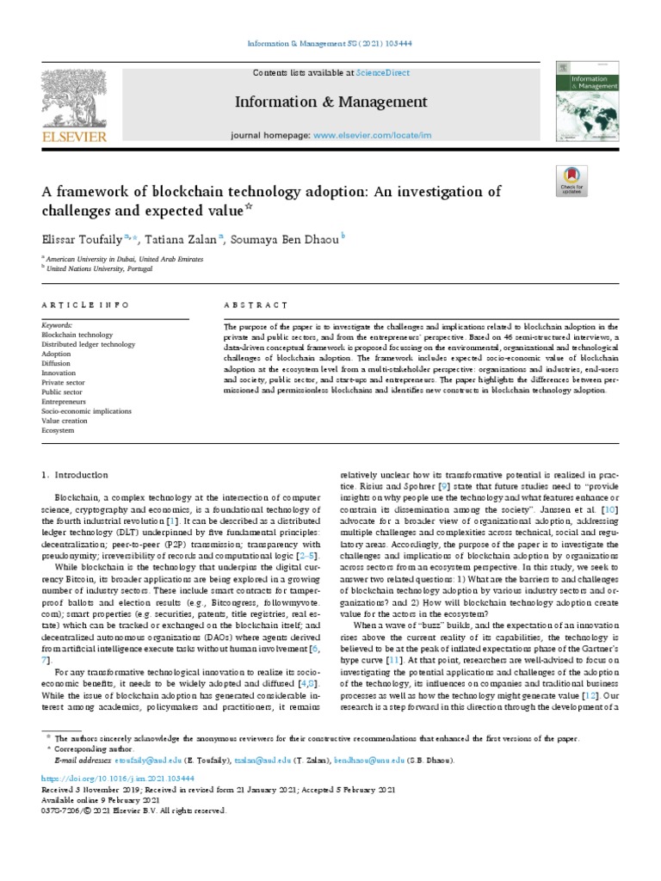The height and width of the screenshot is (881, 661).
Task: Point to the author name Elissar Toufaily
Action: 82,239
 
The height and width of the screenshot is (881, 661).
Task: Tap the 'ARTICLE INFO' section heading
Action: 85,305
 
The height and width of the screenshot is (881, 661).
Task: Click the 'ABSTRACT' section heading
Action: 256,305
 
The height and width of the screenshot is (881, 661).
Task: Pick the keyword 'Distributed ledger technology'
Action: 88,344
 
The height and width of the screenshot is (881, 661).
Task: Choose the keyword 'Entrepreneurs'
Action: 64,401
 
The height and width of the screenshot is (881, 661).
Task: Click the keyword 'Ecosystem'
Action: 59,429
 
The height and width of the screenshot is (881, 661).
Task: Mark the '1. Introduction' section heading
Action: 75,474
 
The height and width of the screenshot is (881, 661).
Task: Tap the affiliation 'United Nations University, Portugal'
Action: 99,268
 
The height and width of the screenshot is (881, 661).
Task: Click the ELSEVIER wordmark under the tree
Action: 74,136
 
